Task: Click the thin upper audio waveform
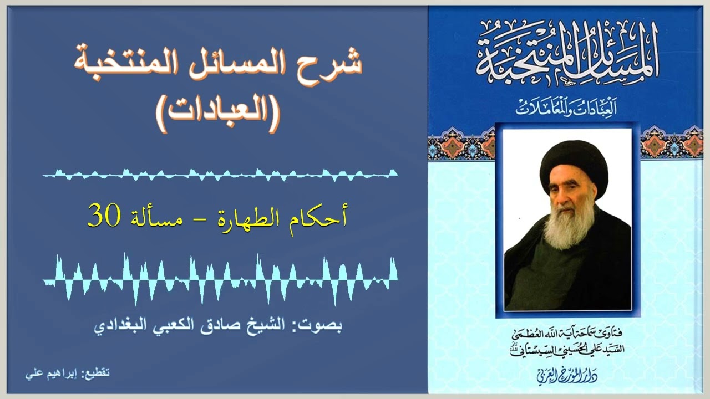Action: pyautogui.click(x=220, y=175)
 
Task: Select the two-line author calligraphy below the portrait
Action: pyautogui.click(x=568, y=341)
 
